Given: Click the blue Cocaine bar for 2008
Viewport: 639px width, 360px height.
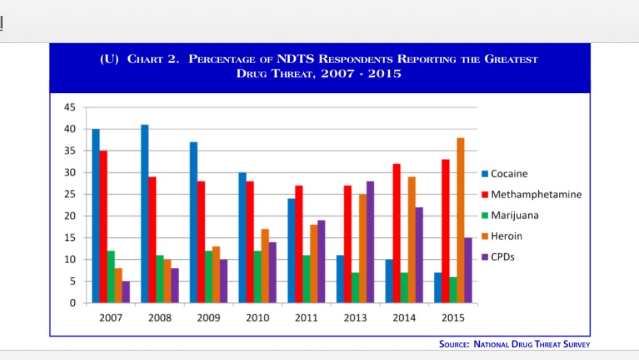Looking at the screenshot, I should [145, 214].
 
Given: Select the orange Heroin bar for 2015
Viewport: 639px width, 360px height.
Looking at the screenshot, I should [461, 220].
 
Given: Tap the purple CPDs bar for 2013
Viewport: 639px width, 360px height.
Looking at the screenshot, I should [370, 242].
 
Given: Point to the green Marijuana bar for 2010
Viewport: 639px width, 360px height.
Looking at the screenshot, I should [257, 277].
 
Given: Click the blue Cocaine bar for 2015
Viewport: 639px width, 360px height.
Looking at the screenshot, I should [438, 287].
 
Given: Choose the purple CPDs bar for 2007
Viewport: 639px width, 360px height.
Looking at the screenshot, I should [126, 292].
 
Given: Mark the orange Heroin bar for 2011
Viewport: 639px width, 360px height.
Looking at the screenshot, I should [314, 264].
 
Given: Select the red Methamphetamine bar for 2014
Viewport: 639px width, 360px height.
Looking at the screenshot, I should [397, 233].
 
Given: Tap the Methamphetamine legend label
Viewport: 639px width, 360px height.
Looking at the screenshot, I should [536, 195].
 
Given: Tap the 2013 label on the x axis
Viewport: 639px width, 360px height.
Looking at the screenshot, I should [355, 318].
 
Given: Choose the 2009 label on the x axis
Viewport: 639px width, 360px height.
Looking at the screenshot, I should [209, 318].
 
